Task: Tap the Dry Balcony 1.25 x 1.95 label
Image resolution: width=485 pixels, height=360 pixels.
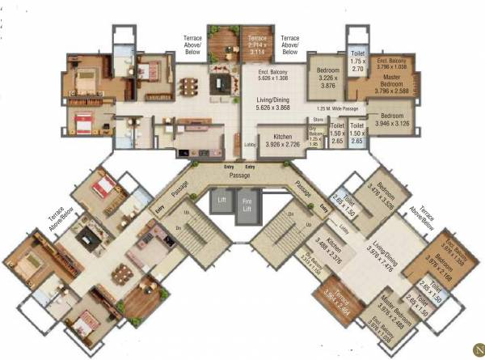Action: pyautogui.click(x=316, y=139)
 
